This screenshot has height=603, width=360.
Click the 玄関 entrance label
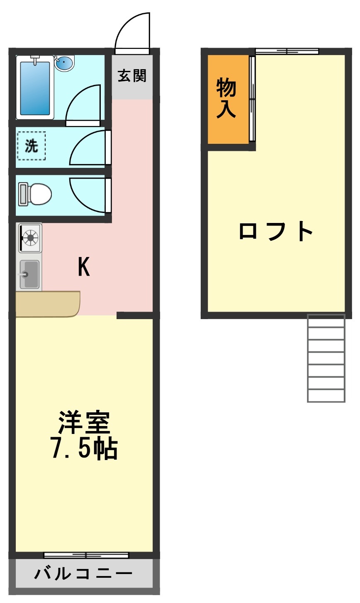pos(132,76)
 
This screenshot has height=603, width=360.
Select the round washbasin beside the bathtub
pos(64,63)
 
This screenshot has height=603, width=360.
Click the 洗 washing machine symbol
pos(31,146)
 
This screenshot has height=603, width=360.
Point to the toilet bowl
pos(36,194)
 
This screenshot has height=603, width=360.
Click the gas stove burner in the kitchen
pos(30,237)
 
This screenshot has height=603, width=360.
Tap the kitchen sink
pos(30,274)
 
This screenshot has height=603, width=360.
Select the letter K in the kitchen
pos(84,266)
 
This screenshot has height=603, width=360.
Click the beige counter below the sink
pos(47,304)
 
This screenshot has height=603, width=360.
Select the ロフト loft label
pos(276,231)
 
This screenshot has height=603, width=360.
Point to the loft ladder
pos(326,358)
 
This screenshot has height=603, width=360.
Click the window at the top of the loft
pos(287,51)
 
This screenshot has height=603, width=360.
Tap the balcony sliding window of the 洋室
pos(86,555)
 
